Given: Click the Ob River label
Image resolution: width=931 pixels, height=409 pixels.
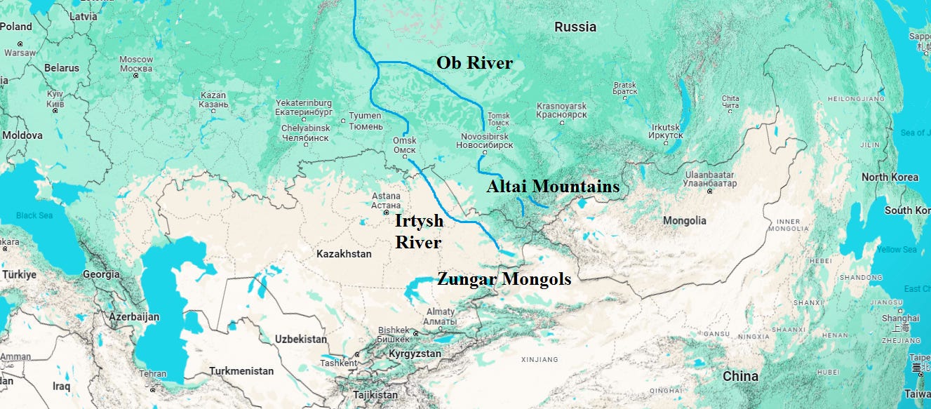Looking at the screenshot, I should point(474,63).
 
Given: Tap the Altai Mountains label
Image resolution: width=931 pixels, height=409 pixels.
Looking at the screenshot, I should point(554,187).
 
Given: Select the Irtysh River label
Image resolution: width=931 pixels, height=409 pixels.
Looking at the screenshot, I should point(419,232).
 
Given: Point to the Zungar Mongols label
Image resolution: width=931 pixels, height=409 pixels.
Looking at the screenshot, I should point(504,279).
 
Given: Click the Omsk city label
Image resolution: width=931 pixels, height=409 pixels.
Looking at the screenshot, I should point(405,145).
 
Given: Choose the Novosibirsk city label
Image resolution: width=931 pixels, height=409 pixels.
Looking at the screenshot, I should point(486,140).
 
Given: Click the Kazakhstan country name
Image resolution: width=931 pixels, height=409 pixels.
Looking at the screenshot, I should point(344,254).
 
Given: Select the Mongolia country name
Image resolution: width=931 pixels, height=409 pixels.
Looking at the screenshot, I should point(684,221).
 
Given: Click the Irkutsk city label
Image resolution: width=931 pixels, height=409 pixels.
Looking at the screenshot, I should point(665,130).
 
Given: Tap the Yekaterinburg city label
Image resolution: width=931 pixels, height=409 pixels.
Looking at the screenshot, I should point(303,107).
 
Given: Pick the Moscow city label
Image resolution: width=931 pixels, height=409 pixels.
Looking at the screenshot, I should point(136,64).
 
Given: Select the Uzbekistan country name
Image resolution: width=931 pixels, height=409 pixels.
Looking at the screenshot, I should point(301,340).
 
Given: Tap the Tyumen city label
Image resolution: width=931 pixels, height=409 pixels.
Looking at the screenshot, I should point(366,121).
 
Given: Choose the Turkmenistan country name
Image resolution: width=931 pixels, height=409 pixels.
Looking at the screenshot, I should point(242,370).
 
